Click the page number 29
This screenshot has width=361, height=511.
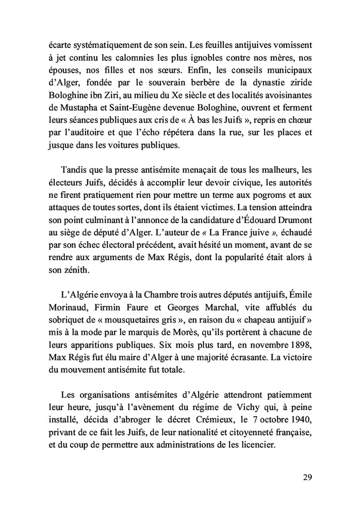tap(307, 477)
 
